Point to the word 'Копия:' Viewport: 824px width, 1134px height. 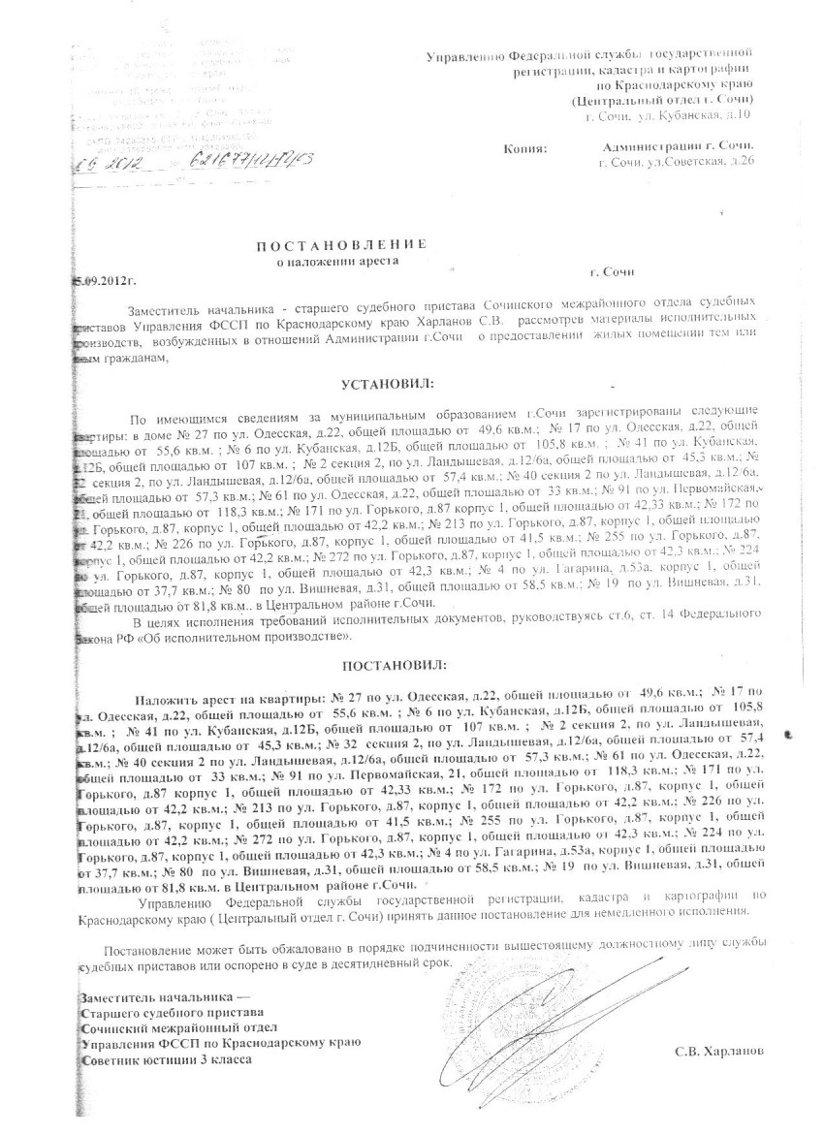525,149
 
